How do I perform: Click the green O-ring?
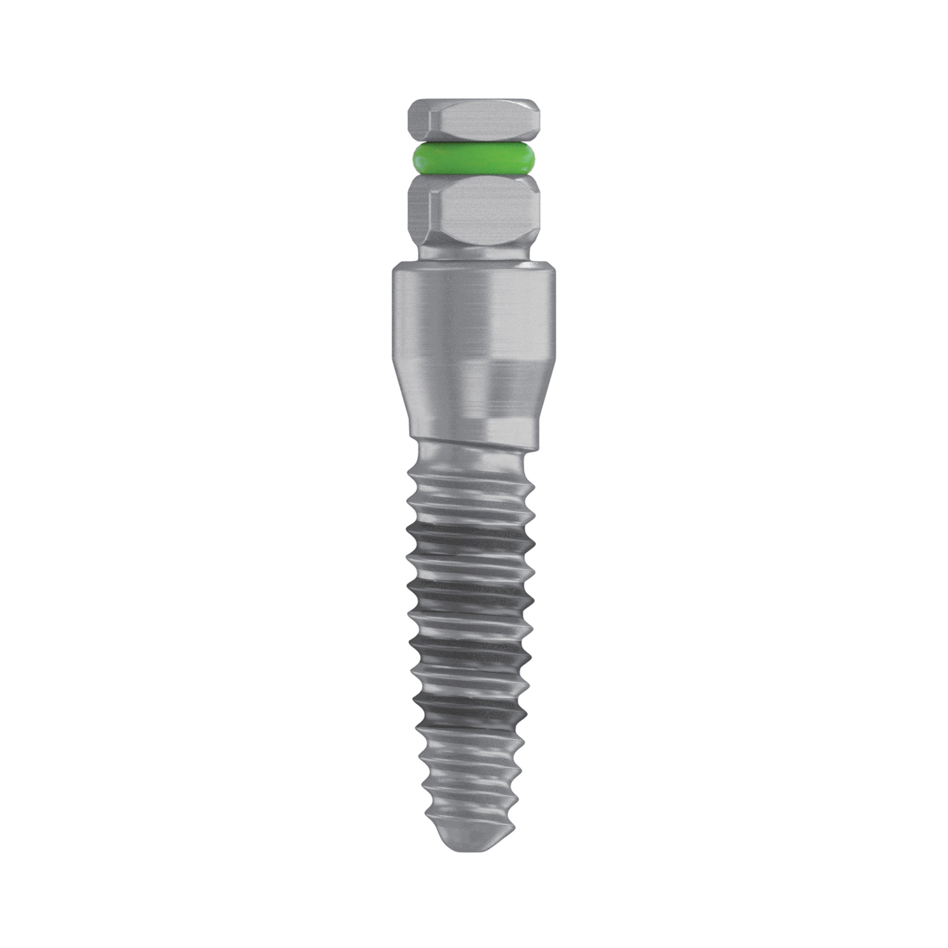click(x=474, y=158)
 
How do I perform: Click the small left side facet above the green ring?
click(x=417, y=123)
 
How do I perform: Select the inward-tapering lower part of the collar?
click(x=474, y=392)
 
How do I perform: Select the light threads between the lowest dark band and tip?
click(x=471, y=775)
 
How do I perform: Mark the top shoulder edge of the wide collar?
click(x=474, y=268)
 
